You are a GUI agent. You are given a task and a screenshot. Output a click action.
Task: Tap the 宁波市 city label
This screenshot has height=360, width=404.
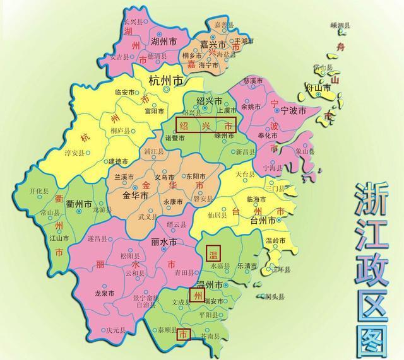click(294, 110)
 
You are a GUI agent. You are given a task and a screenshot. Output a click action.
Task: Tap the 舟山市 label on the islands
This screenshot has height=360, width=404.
click(318, 88)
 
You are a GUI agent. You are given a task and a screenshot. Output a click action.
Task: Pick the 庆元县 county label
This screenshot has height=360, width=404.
click(117, 329)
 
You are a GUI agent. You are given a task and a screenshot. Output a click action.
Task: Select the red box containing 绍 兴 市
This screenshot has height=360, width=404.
click(205, 125)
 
